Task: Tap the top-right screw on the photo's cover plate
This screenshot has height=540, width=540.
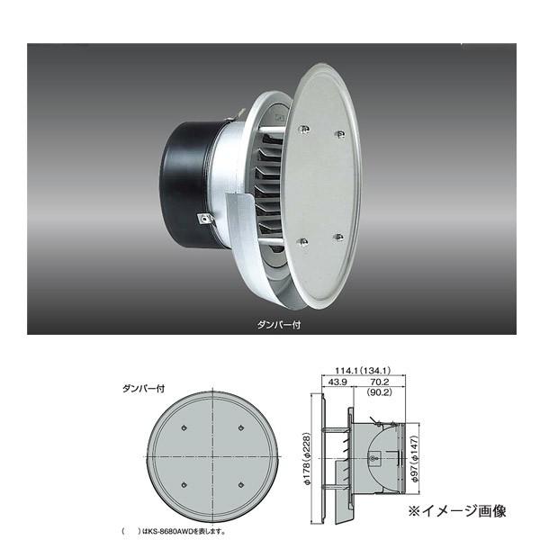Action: (x=340, y=135)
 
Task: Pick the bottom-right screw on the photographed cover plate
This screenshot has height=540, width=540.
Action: (x=339, y=237)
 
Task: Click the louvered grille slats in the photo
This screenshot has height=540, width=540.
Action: (x=267, y=184)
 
